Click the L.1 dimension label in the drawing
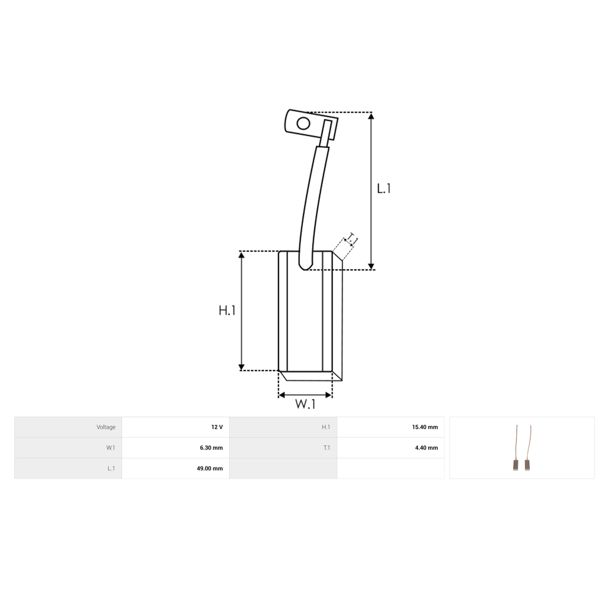(x=384, y=189)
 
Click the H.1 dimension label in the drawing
(x=227, y=311)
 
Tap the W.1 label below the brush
(x=305, y=404)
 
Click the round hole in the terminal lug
(x=303, y=123)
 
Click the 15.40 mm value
(x=425, y=427)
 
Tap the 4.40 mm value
(x=427, y=448)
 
